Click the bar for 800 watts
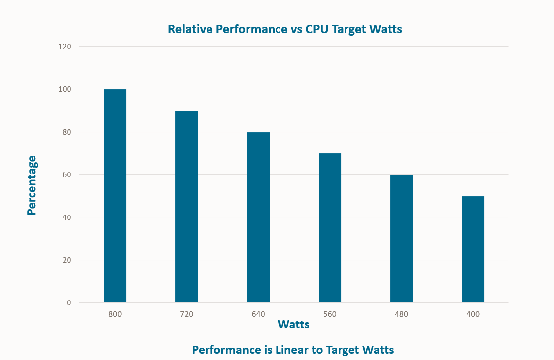click(x=115, y=196)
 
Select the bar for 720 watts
click(x=186, y=207)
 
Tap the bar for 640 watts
click(x=258, y=217)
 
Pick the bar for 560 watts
click(x=330, y=228)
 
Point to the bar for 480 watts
click(x=401, y=239)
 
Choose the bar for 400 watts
click(x=473, y=249)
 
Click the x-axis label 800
click(x=115, y=314)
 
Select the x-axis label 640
click(x=258, y=314)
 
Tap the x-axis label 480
click(x=401, y=314)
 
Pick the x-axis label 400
click(x=473, y=314)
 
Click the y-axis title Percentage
click(x=32, y=185)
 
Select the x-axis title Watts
click(x=294, y=325)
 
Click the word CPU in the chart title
click(x=317, y=29)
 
